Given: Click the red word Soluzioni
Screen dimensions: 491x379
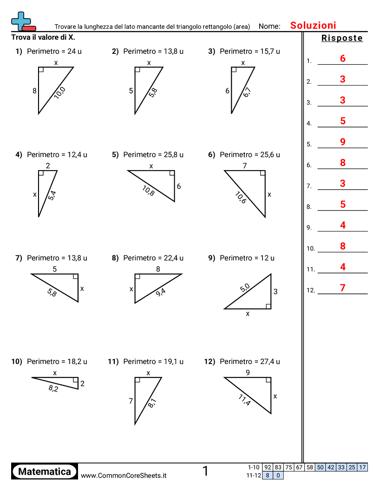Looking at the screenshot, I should (x=313, y=26).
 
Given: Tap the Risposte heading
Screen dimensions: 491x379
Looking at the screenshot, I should (x=342, y=38).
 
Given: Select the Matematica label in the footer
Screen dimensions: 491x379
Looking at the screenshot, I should (x=45, y=471).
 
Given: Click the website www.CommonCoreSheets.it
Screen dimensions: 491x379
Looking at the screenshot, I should (x=124, y=475).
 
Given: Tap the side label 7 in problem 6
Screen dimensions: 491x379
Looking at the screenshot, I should (x=244, y=166).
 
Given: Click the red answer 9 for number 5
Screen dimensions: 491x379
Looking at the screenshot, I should (x=343, y=142).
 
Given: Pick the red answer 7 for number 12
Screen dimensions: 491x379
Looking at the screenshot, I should (x=343, y=288).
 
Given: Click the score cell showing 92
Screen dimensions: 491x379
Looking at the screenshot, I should (x=268, y=467).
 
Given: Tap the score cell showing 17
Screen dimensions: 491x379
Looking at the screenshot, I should (x=362, y=467).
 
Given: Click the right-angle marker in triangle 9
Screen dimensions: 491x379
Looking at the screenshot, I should (x=268, y=305).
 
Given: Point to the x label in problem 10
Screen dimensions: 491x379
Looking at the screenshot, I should (x=55, y=372).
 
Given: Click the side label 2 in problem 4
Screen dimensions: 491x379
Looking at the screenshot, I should (x=48, y=166).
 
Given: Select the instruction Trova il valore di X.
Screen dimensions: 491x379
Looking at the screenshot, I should (x=43, y=37).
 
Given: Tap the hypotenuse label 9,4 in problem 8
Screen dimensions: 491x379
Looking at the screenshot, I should (x=160, y=292).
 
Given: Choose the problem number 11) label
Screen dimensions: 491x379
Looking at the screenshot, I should (x=113, y=361).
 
